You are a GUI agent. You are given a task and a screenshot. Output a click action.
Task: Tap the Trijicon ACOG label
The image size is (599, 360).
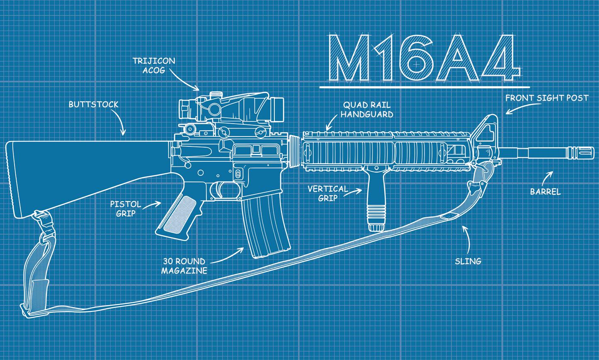[x=154, y=66]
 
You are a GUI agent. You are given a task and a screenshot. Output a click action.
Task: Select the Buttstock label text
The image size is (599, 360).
[x=94, y=105]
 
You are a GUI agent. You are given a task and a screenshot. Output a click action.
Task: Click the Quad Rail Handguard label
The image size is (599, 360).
[x=367, y=110]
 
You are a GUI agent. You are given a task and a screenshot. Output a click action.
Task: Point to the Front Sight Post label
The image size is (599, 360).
[x=547, y=98]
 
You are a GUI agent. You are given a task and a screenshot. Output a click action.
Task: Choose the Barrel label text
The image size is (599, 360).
[x=546, y=192]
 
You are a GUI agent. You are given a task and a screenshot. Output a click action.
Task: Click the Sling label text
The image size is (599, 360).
[x=468, y=261]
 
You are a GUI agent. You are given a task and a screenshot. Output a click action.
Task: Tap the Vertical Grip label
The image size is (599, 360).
[x=327, y=193]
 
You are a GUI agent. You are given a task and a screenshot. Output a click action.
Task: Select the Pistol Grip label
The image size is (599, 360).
[x=126, y=209]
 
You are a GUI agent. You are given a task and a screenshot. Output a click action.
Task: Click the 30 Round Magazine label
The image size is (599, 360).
[x=184, y=266]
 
